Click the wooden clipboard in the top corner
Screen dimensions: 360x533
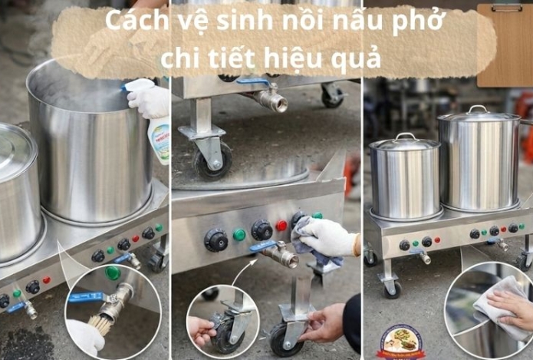pos(504,45)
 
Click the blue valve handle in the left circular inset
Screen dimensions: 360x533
pos(87,296)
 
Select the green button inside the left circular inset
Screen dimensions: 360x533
pos(113,272)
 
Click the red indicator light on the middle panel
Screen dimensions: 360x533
pos(281,226)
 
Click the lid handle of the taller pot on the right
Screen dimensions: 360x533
pos(478,109)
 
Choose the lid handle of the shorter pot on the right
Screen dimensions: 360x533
pos(404,136)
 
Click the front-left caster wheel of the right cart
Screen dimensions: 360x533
pos(391,288)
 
